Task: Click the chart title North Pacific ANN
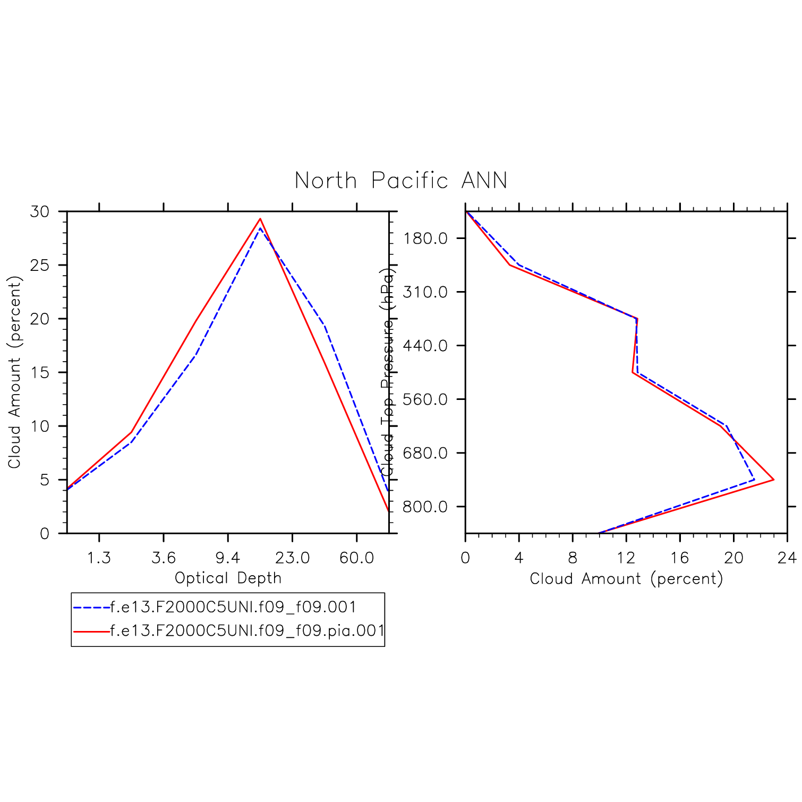[401, 181]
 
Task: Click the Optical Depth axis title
[228, 578]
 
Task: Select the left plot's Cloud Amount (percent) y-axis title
[14, 372]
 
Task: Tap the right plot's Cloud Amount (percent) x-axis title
[626, 578]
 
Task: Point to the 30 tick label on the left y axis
[40, 211]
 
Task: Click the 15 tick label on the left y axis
[40, 372]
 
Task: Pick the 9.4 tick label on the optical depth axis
[228, 558]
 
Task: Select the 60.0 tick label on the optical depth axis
[356, 558]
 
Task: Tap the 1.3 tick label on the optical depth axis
[99, 558]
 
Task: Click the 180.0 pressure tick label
[425, 238]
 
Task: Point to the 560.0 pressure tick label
[425, 399]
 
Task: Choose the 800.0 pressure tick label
[425, 507]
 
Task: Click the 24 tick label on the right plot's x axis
[787, 558]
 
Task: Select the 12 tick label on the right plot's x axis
[626, 558]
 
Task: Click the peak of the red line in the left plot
[260, 219]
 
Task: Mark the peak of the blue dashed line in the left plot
[260, 228]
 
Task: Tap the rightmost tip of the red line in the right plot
[773, 480]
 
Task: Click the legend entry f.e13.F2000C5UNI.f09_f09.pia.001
[248, 631]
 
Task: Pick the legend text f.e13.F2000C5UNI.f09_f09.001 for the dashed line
[233, 607]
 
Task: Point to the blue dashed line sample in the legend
[91, 607]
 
